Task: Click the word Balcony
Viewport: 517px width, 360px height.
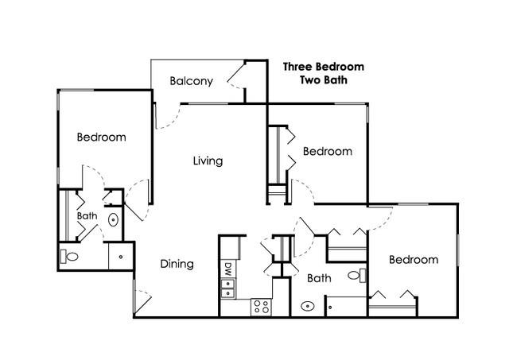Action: [191, 81]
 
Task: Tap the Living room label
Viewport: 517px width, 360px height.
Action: [208, 161]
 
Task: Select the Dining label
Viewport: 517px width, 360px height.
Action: [177, 264]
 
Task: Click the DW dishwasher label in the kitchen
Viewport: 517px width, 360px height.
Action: [227, 269]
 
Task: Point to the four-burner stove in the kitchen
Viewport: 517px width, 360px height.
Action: [261, 307]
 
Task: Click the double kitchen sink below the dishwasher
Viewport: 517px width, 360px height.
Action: [227, 288]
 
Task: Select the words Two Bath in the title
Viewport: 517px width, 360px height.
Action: [324, 80]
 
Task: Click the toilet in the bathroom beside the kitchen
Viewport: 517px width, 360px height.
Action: [357, 275]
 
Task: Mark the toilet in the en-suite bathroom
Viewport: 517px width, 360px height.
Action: [69, 256]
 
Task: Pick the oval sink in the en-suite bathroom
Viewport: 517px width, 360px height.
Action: [113, 219]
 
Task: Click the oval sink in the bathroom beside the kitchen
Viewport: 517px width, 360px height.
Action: [307, 306]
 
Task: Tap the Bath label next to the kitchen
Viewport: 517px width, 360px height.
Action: [319, 278]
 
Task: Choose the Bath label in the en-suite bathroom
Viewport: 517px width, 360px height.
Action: [87, 216]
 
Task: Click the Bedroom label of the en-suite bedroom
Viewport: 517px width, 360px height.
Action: [101, 137]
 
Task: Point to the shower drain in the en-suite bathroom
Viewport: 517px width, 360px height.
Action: [121, 257]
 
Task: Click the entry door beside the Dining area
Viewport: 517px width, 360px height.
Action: [142, 301]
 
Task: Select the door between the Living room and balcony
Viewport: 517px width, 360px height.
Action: [168, 116]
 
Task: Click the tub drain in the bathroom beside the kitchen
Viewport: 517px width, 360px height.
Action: [330, 308]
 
